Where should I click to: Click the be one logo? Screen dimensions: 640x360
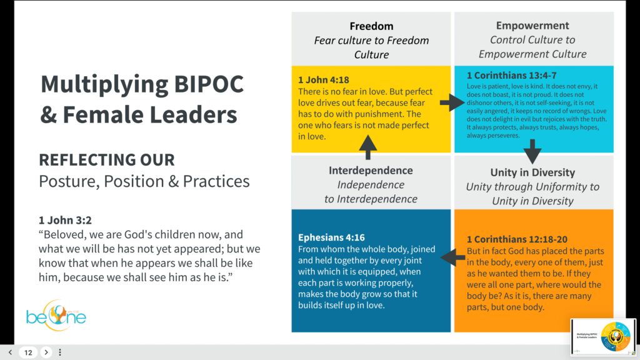56,316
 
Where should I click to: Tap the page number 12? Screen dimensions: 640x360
28,352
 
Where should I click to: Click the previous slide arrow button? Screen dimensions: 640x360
10,352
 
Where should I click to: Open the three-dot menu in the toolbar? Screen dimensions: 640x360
60,352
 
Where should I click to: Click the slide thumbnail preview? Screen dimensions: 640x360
603,337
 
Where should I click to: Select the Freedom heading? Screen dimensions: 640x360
371,26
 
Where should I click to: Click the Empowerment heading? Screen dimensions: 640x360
532,25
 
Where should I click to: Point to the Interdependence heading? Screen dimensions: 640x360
371,170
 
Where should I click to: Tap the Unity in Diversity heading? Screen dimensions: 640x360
532,172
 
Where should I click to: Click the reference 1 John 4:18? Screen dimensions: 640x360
323,80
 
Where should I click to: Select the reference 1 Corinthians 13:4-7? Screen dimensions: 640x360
511,76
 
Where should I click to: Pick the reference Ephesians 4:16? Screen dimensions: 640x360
331,237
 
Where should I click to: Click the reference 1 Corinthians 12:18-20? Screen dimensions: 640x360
517,239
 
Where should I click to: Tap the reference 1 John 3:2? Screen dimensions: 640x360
65,221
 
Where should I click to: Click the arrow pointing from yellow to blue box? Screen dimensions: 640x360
452,102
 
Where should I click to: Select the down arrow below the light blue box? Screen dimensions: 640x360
532,151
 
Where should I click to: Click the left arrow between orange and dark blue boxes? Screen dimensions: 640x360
453,257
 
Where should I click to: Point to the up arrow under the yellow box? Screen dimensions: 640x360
367,147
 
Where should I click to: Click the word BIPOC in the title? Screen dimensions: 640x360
209,84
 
